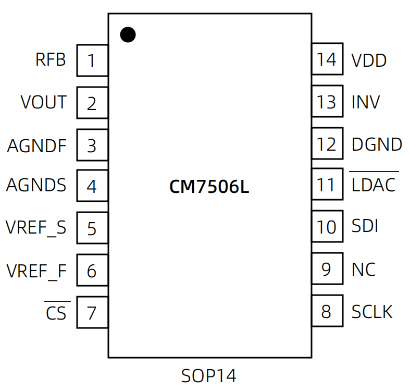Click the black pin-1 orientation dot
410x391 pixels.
click(128, 34)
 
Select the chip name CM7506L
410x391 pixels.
click(209, 187)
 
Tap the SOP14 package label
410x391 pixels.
click(209, 375)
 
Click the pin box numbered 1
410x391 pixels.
click(92, 60)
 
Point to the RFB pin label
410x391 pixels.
click(51, 60)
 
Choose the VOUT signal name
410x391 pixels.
click(44, 102)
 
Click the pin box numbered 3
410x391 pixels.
click(92, 145)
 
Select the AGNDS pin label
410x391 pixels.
click(36, 185)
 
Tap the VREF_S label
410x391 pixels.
click(36, 228)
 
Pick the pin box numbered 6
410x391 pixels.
click(92, 270)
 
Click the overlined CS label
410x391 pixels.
click(56, 313)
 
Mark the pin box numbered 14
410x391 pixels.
click(327, 59)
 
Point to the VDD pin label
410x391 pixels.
click(369, 60)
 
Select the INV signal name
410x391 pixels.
click(366, 102)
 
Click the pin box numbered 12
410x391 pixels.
click(327, 143)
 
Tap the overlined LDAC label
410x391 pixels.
click(374, 185)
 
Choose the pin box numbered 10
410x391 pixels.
click(327, 227)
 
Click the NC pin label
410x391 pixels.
click(364, 270)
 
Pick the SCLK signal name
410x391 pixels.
click(372, 312)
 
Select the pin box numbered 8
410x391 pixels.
click(327, 311)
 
